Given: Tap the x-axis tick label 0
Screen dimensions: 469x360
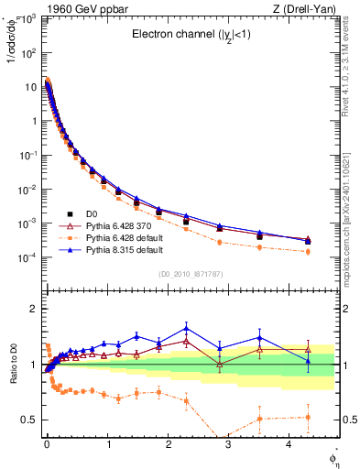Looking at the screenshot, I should (x=47, y=442).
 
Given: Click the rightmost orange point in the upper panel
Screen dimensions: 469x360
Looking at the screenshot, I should (x=308, y=251).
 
